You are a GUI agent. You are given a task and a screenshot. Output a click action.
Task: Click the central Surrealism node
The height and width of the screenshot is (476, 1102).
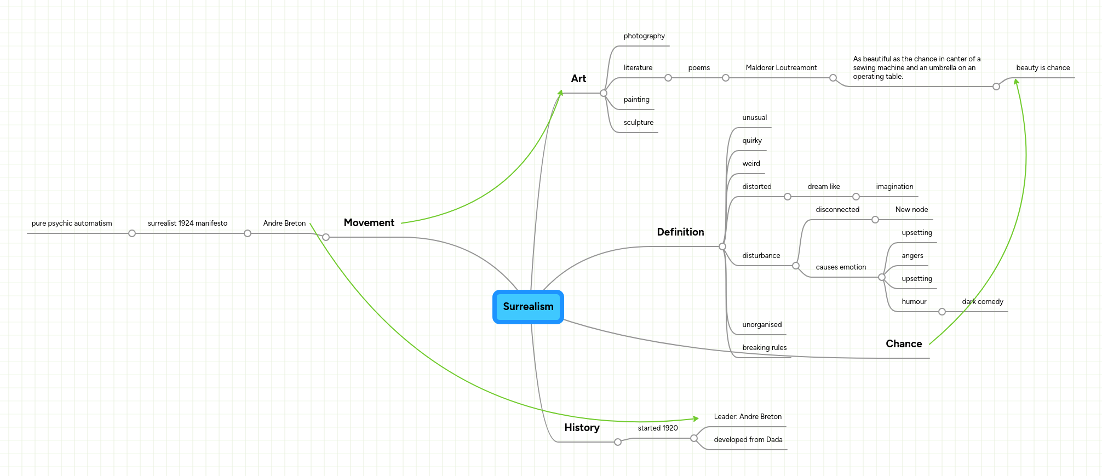528,307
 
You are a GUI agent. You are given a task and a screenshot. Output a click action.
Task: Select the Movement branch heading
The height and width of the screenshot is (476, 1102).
369,223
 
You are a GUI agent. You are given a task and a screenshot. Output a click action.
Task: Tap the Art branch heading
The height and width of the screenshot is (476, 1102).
578,79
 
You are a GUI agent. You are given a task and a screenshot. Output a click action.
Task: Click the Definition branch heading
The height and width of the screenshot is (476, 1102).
680,232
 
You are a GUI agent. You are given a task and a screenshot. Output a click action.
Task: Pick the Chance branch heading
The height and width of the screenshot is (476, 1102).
904,344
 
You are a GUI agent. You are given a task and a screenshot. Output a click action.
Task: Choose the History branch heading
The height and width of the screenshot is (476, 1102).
582,428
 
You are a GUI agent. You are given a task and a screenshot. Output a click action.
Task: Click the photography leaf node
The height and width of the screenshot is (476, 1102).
644,36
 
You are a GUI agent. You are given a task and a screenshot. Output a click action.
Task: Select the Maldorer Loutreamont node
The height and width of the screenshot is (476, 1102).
780,68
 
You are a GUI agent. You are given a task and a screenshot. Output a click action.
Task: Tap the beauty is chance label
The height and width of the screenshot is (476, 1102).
1042,68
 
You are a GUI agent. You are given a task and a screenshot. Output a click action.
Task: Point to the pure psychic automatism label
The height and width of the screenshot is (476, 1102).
72,223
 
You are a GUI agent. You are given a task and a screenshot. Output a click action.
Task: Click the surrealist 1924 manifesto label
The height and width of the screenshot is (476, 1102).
187,223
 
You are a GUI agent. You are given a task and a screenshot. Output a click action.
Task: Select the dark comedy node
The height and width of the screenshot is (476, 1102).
982,302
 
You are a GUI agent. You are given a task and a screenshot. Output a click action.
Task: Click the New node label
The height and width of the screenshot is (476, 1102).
911,210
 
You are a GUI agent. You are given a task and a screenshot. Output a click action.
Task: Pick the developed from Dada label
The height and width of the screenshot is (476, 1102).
748,440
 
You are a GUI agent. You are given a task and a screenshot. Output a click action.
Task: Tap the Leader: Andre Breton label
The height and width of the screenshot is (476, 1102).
747,417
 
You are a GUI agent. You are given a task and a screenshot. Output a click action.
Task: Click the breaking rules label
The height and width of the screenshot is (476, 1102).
764,348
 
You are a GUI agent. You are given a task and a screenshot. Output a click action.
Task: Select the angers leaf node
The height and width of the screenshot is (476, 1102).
912,256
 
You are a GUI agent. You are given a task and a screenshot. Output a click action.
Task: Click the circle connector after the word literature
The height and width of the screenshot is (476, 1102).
668,78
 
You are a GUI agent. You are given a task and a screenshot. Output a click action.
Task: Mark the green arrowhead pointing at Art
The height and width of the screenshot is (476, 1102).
560,93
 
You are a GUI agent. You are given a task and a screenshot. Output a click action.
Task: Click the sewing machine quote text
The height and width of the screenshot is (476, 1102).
916,68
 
